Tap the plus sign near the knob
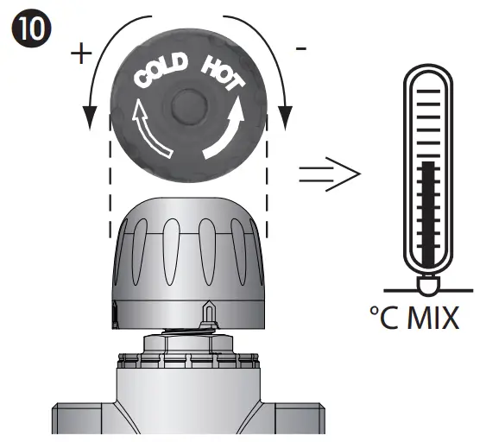pyautogui.click(x=80, y=54)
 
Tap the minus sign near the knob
pyautogui.click(x=300, y=49)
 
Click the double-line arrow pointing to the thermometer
pyautogui.click(x=328, y=175)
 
